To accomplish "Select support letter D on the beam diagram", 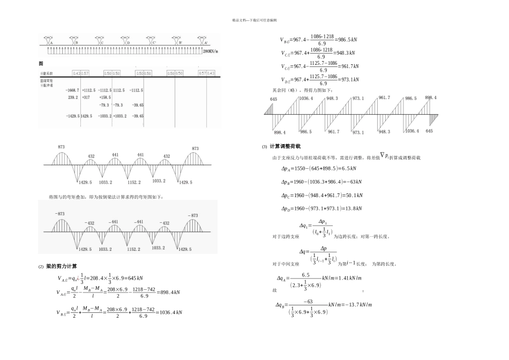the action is [129, 43].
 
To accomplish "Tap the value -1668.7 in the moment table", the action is [72, 91].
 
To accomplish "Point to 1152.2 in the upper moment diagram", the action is [134, 182].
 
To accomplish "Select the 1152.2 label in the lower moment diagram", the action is [134, 250].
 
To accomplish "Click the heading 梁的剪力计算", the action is [62, 266].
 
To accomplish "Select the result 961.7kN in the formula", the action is [349, 66].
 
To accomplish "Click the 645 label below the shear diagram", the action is [429, 131].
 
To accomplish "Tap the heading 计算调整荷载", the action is [286, 146].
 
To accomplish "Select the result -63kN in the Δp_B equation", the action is [353, 182].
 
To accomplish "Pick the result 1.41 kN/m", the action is [351, 278].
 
